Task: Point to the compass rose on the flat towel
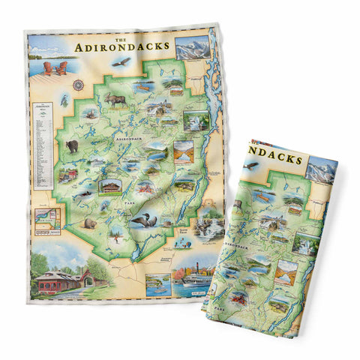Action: [x=77, y=85]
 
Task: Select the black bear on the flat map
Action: [x=73, y=145]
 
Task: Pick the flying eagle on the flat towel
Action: [x=117, y=64]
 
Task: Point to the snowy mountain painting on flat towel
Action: [x=193, y=46]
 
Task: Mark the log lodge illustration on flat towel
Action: [x=110, y=185]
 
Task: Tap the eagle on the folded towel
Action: [x=250, y=164]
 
